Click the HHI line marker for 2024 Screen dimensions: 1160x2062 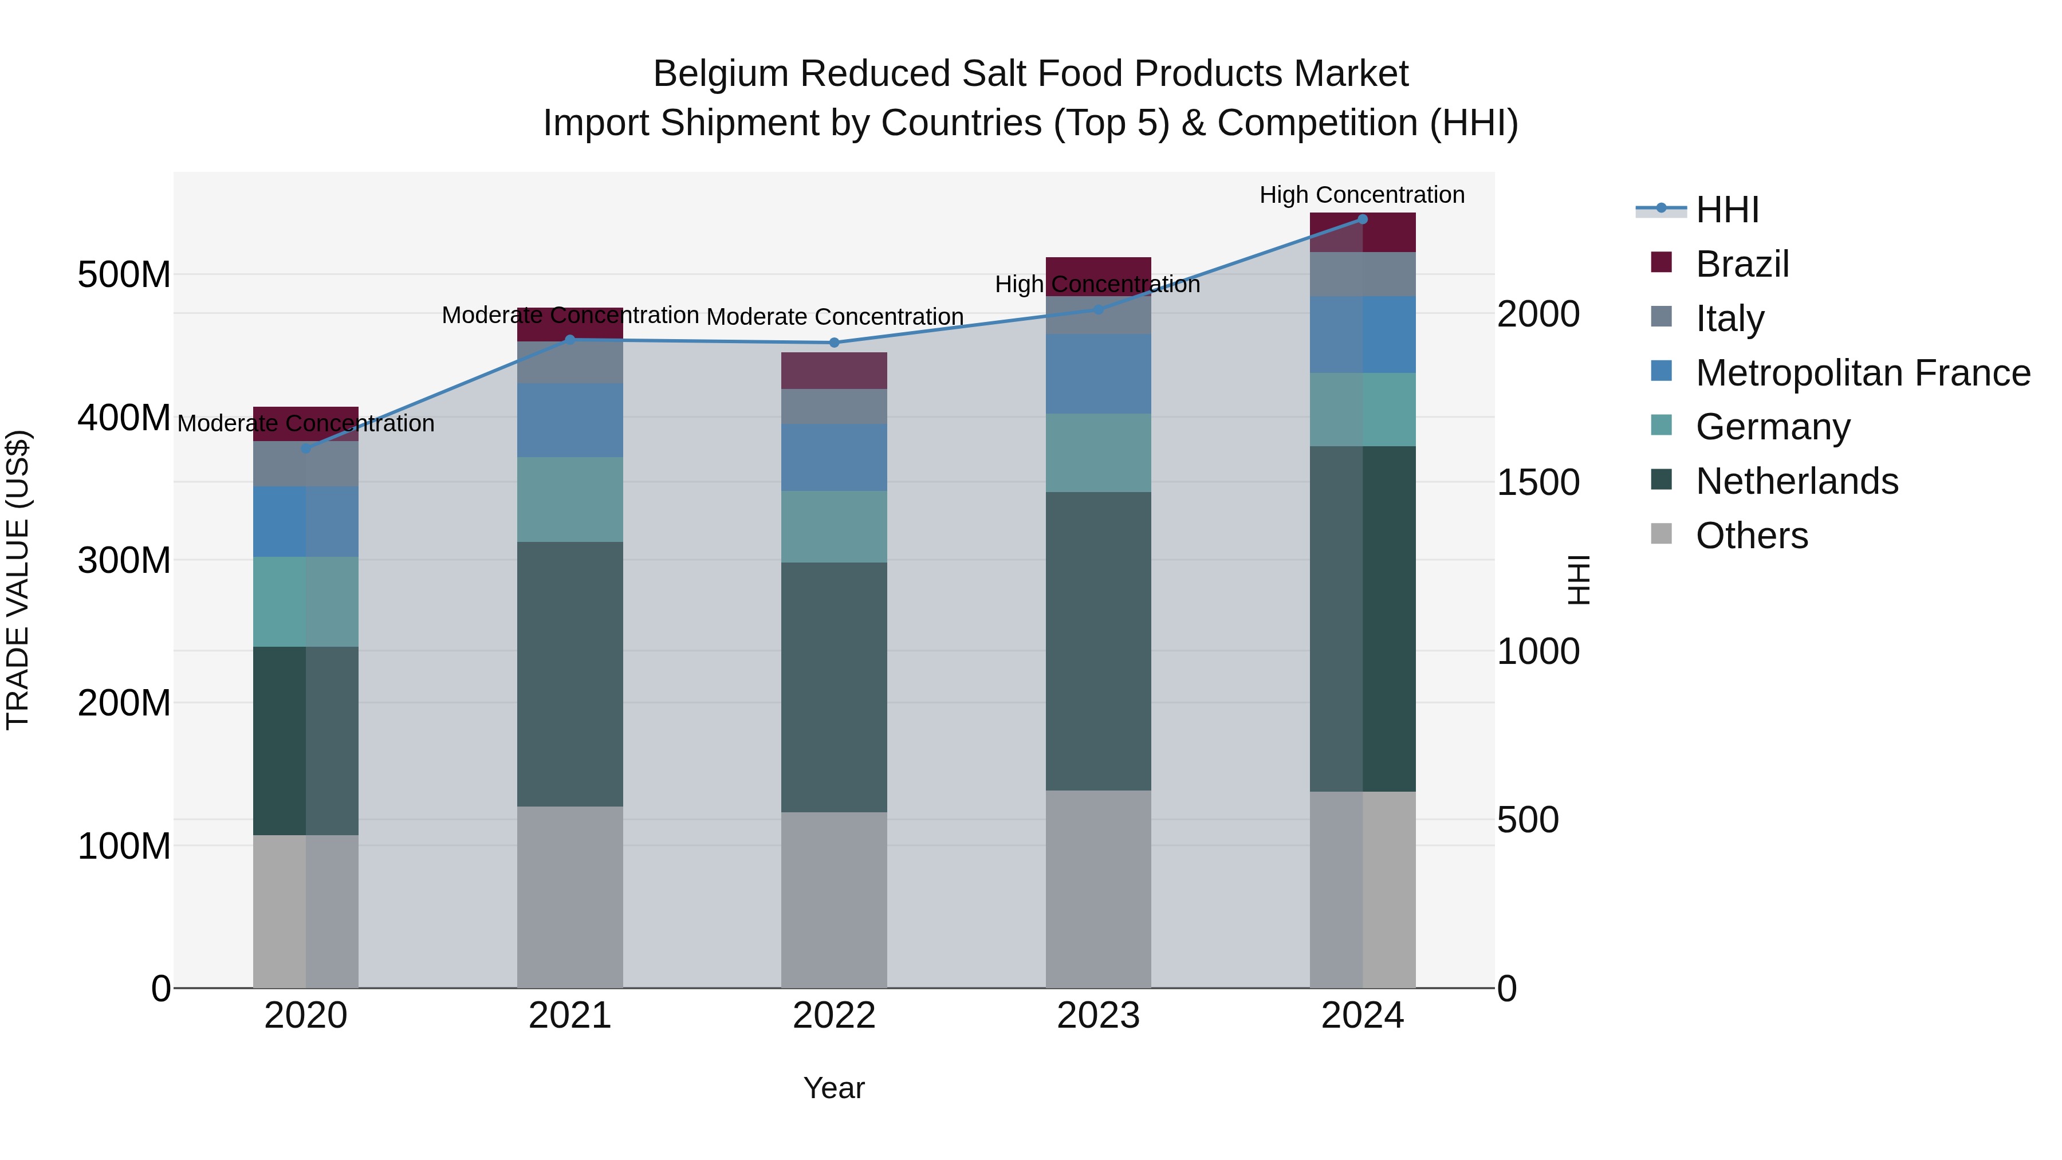coord(1363,219)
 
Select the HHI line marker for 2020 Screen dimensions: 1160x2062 coord(306,449)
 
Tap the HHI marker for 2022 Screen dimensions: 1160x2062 coord(834,343)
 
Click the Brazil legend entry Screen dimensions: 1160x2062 coord(1742,264)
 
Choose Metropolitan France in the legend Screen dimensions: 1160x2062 coord(1863,373)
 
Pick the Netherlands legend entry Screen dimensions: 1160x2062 coord(1796,481)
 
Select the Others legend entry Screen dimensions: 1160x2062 coord(1752,536)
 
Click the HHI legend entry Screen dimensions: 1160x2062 coord(1726,210)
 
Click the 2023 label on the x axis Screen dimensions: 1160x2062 coord(1098,1016)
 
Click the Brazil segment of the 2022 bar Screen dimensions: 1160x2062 coord(834,371)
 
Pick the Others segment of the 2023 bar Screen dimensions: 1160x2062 coord(1098,888)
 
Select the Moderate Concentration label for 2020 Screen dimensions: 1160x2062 coord(306,423)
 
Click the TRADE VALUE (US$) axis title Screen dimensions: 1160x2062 coord(18,580)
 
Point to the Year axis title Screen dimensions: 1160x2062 coord(834,1088)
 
